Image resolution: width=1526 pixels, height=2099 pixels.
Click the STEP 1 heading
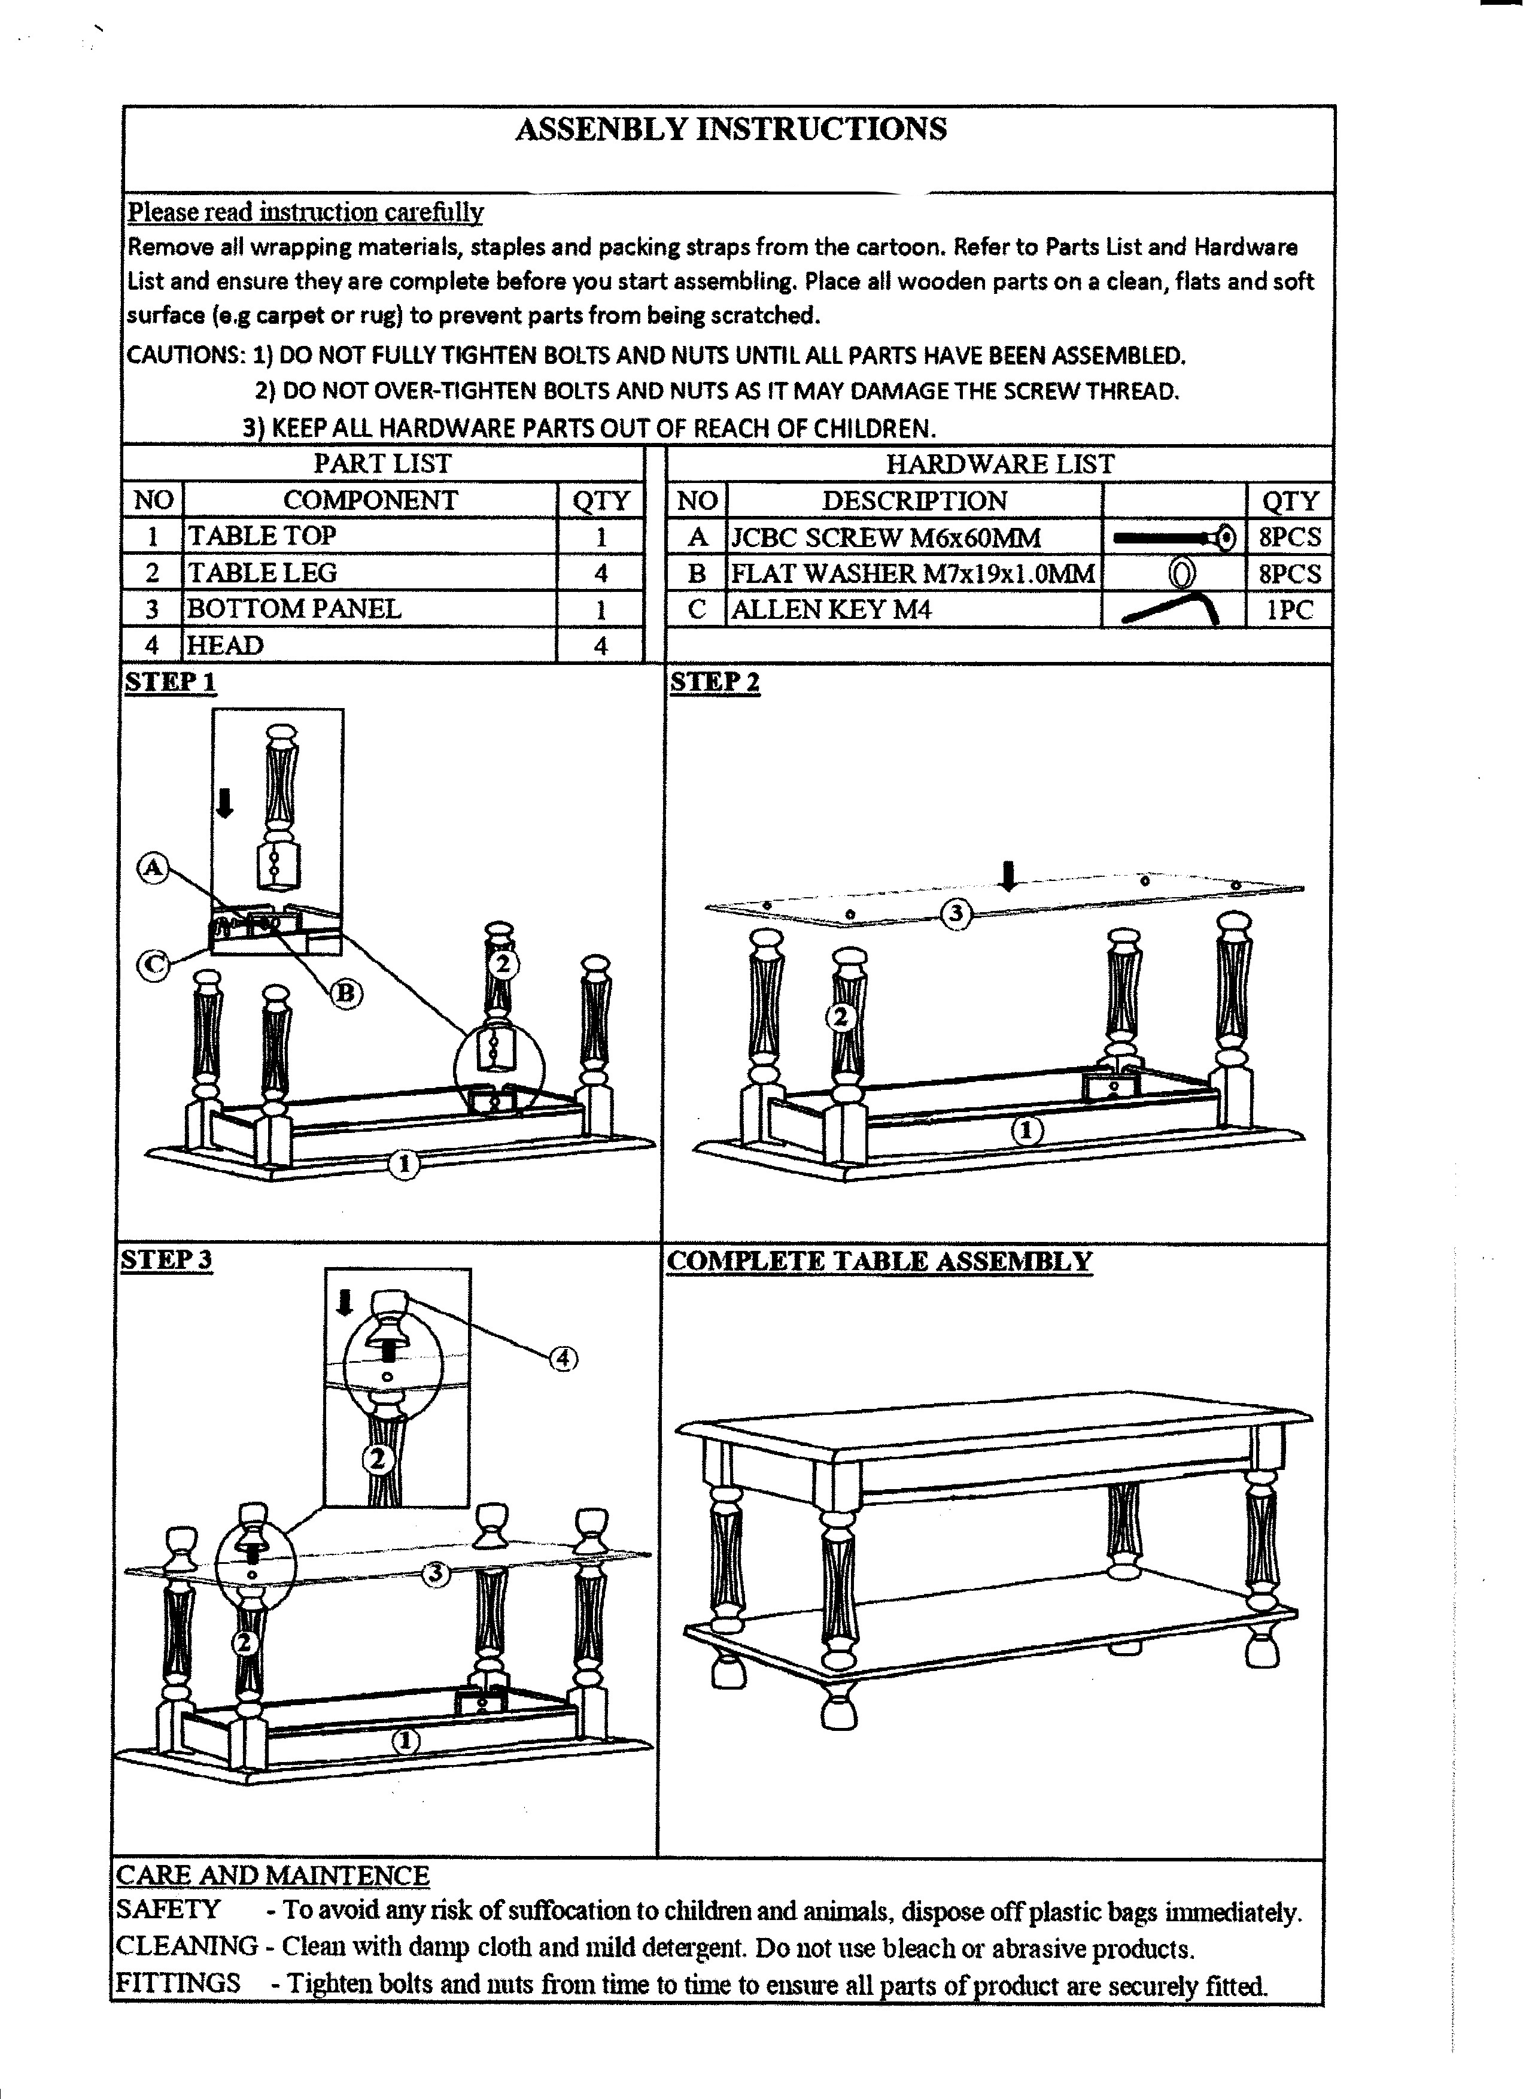(x=171, y=683)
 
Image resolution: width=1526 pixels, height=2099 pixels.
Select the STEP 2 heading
(x=715, y=683)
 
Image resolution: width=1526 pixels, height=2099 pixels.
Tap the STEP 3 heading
(x=166, y=1260)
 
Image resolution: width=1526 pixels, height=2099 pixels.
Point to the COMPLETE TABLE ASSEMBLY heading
(x=879, y=1262)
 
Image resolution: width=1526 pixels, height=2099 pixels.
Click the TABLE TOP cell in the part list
(x=370, y=536)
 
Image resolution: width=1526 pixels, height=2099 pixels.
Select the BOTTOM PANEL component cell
(x=370, y=609)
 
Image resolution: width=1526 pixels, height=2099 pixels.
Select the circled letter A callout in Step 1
(x=153, y=868)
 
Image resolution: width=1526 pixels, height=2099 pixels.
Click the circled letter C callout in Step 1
(x=153, y=965)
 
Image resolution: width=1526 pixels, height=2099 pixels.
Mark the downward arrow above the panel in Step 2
(x=1010, y=874)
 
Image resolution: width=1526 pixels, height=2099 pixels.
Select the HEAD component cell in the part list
(x=370, y=645)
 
